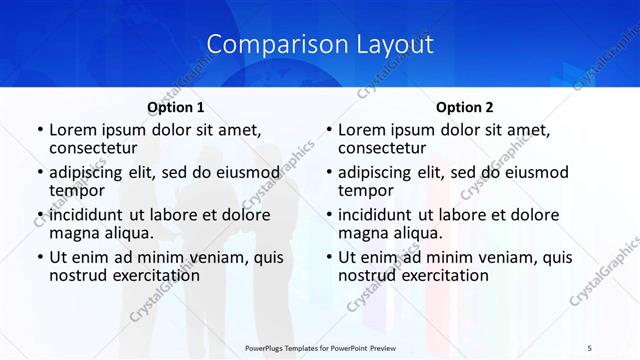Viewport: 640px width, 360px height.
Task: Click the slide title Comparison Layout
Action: coord(320,44)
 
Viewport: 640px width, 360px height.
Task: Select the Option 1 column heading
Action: coord(175,107)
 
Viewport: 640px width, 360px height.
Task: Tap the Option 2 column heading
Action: coord(465,107)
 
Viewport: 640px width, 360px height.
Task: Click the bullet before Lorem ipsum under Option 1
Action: coord(39,130)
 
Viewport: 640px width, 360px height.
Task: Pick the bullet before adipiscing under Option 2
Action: coord(329,173)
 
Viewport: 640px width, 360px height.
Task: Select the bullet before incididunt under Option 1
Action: coord(39,215)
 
